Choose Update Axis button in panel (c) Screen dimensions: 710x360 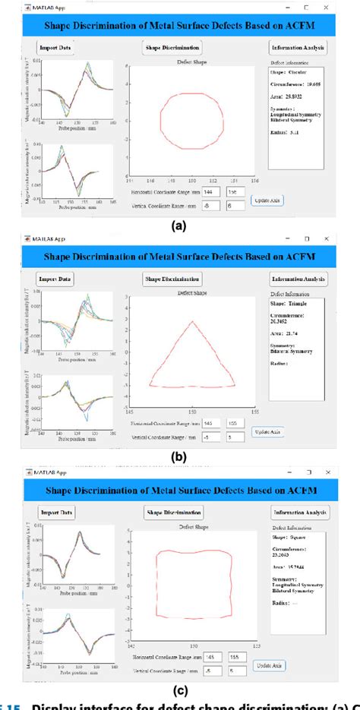pos(271,665)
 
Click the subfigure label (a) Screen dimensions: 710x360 pos(180,226)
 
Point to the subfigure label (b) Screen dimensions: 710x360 pos(180,458)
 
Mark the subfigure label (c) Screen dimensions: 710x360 pos(180,690)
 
